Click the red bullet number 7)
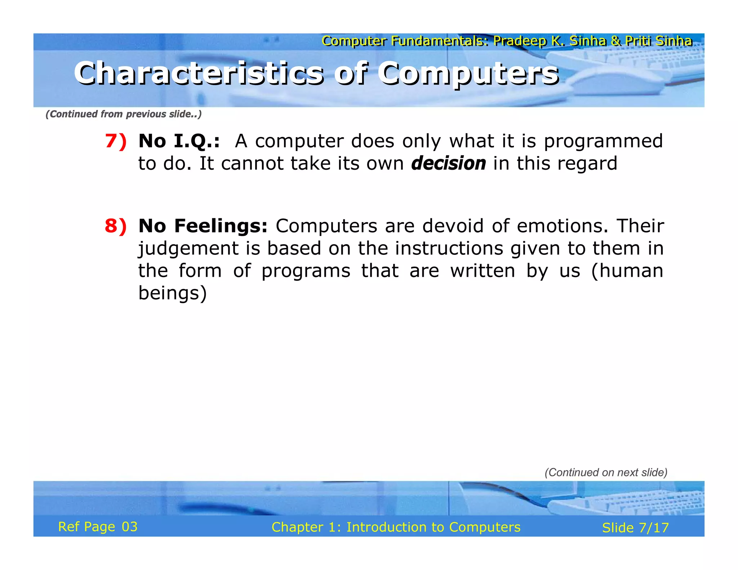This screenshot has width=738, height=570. click(116, 141)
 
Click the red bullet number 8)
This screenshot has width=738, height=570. click(116, 226)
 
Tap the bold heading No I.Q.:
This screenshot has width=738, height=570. click(179, 141)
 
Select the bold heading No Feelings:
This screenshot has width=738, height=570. click(203, 226)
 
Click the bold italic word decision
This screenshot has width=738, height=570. click(448, 163)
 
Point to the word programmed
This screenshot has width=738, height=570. click(603, 141)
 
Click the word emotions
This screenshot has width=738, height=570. click(562, 226)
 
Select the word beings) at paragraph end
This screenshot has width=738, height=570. click(173, 293)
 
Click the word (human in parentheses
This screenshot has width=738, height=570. click(627, 271)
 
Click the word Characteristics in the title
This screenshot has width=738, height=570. click(199, 74)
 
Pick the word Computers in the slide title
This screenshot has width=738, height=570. click(468, 74)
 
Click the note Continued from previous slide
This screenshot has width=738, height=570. click(123, 114)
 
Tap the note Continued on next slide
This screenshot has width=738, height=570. click(606, 472)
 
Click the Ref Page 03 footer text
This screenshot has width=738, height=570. click(98, 527)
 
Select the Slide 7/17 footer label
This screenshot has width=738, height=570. click(635, 528)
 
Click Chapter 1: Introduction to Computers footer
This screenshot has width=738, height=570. click(396, 527)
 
